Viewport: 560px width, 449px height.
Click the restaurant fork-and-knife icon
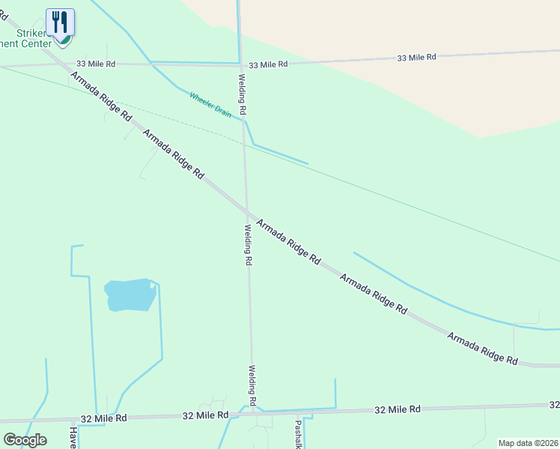click(x=60, y=22)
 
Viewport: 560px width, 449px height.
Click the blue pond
click(x=130, y=295)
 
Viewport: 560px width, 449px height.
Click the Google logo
click(x=25, y=440)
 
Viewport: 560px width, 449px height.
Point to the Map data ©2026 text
click(x=528, y=443)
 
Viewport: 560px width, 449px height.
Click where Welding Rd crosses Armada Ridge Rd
click(x=246, y=212)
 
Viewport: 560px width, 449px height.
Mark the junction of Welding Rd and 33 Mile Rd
click(x=240, y=64)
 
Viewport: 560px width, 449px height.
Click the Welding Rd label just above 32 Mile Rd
click(x=253, y=385)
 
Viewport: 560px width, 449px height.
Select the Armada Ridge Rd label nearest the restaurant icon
click(x=102, y=97)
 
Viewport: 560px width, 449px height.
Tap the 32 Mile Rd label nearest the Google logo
click(x=104, y=418)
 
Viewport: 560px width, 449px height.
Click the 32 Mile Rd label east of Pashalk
click(x=398, y=409)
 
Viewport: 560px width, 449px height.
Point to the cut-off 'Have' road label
click(x=73, y=437)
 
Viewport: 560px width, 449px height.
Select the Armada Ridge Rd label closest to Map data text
click(x=482, y=349)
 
